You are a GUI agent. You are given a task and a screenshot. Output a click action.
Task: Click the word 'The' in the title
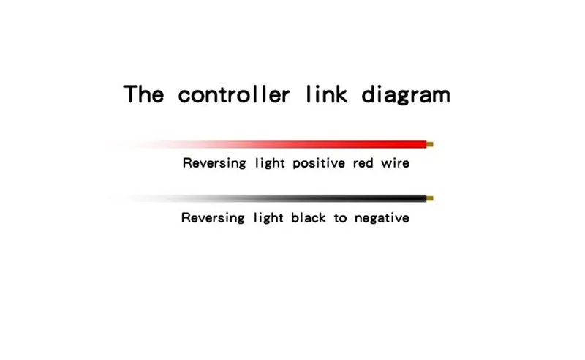coord(143,94)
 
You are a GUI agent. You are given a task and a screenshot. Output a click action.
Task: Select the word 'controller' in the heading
coord(234,94)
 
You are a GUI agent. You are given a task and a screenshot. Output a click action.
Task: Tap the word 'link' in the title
coord(327,94)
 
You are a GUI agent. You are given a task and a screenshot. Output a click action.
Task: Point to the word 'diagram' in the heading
coord(406,95)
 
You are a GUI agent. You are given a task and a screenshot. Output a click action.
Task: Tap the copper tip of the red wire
coord(430,145)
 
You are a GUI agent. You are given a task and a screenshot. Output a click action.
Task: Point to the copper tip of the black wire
coord(430,198)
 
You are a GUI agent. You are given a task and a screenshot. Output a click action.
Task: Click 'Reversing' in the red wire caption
coord(214,164)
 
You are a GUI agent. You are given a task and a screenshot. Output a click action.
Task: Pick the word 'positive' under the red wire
coord(319,164)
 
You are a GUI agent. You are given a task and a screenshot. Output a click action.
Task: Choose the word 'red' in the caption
coord(363,164)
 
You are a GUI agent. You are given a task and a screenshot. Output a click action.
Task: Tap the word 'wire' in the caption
coord(395,164)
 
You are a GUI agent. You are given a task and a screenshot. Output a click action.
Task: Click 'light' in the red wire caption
coord(270,164)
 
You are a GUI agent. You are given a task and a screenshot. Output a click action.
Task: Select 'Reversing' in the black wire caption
coord(213,218)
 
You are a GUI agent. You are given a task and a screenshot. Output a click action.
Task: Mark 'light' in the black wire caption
coord(268,218)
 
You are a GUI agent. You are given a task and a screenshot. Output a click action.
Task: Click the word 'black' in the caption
coord(309,217)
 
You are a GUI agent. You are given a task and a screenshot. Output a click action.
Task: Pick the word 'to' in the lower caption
coord(340,218)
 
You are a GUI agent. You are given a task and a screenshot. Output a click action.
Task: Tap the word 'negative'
coord(382,218)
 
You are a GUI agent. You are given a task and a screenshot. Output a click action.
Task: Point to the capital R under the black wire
coord(186,217)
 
